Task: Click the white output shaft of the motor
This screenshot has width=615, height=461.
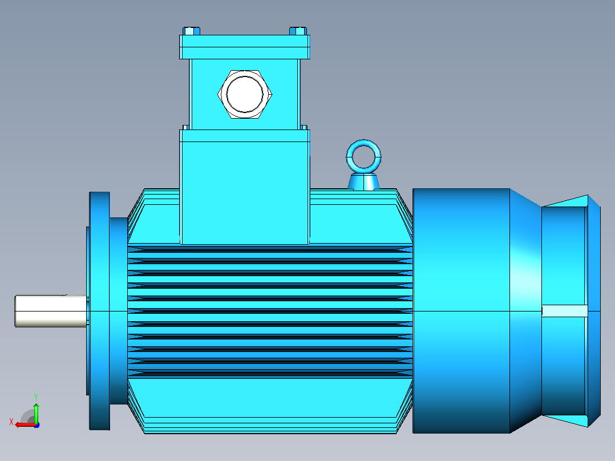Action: pyautogui.click(x=50, y=311)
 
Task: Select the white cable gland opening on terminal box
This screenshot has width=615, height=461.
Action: pyautogui.click(x=245, y=95)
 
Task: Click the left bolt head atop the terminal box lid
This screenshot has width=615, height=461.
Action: pyautogui.click(x=192, y=31)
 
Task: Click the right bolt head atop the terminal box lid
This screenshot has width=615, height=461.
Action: pyautogui.click(x=298, y=31)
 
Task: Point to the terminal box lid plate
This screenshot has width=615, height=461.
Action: pyautogui.click(x=245, y=47)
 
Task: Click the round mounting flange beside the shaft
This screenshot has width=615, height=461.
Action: pyautogui.click(x=100, y=311)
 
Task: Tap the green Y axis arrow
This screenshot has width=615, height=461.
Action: pyautogui.click(x=36, y=413)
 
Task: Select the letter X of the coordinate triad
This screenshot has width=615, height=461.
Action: pyautogui.click(x=11, y=422)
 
